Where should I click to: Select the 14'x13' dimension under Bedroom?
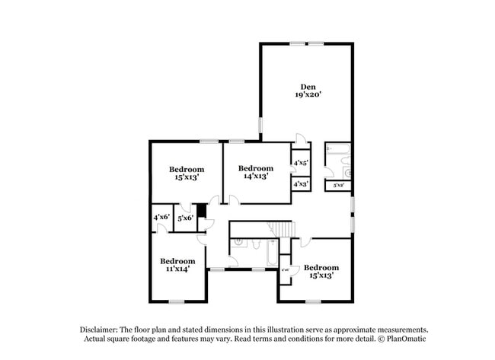(255, 177)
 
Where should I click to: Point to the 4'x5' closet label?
(300, 163)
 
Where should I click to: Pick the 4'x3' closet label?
(300, 184)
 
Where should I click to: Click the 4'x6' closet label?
(161, 218)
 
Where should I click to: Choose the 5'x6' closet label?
(185, 218)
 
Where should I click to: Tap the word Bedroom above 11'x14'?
(177, 260)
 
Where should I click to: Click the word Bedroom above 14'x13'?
(255, 168)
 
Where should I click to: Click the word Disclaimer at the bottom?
(103, 329)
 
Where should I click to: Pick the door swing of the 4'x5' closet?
(301, 140)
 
